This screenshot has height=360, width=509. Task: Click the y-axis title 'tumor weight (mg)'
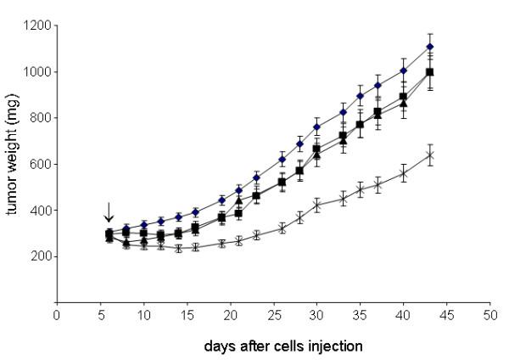tap(12, 162)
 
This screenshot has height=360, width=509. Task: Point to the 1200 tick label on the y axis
tap(34, 25)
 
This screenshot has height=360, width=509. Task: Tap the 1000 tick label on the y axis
tap(34, 71)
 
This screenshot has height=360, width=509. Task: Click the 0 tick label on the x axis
tap(57, 314)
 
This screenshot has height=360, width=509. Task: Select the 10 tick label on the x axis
tap(143, 314)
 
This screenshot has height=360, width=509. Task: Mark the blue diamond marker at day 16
tap(196, 212)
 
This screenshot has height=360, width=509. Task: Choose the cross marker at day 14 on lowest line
tap(178, 248)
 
